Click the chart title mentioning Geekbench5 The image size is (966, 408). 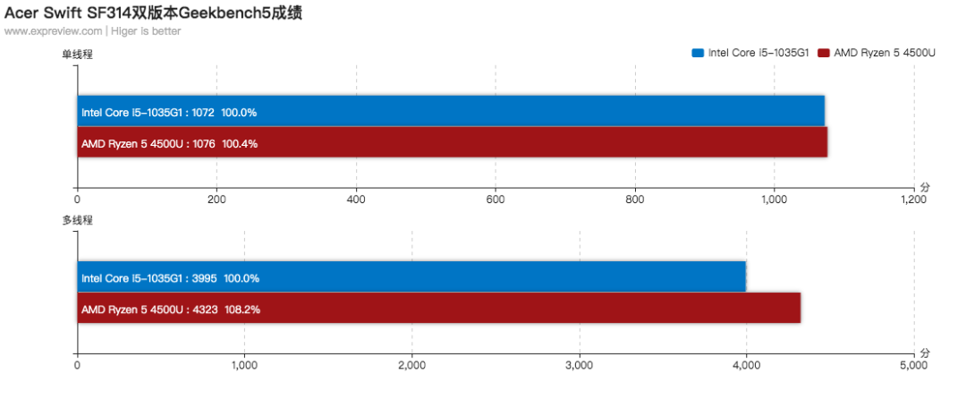154,13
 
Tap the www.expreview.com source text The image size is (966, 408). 53,31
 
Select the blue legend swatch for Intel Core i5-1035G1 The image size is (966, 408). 698,53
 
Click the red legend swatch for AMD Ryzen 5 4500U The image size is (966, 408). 824,53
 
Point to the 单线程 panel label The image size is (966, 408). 78,55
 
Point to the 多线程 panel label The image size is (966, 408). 78,220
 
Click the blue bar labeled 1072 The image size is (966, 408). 451,111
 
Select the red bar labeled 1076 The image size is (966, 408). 453,141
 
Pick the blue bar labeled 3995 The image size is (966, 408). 411,276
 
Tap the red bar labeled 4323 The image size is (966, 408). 439,308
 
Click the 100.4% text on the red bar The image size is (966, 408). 240,144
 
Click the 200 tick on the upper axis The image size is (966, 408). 216,200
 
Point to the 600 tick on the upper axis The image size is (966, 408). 496,200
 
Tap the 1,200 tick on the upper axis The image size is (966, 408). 913,200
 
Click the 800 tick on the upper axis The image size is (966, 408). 635,200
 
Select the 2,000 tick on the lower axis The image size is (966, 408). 412,365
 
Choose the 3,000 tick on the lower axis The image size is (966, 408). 579,365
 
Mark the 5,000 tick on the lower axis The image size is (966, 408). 913,365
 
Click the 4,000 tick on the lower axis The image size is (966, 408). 747,365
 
